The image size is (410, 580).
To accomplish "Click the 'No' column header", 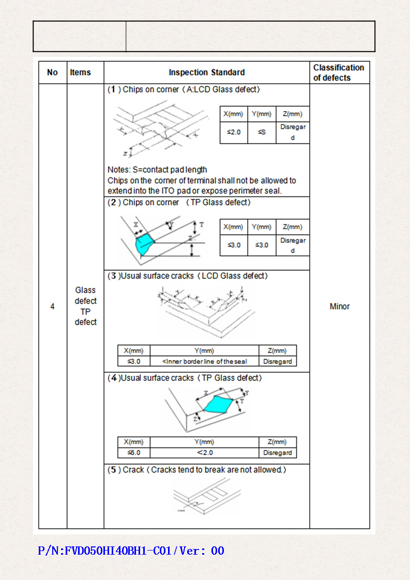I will coord(52,72).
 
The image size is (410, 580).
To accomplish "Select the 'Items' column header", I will coord(80,72).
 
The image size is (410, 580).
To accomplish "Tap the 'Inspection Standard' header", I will coord(207,72).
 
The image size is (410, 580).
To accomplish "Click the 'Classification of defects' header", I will coord(339,72).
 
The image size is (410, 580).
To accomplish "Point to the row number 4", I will coord(52,307).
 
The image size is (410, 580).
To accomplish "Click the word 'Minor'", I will coord(340,307).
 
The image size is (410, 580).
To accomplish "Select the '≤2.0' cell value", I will coord(234,132).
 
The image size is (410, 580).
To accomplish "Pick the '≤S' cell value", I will coord(262,132).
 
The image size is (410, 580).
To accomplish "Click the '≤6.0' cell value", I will coord(133,453).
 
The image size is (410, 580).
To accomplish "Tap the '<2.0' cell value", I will coord(204,453).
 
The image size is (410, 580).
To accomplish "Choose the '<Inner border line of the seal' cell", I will coord(204,361).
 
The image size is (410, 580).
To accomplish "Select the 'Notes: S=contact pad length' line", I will coord(157,170).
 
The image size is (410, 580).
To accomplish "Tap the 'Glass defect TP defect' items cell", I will coord(85,306).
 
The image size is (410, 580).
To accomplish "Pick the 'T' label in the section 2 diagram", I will coord(202,225).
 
